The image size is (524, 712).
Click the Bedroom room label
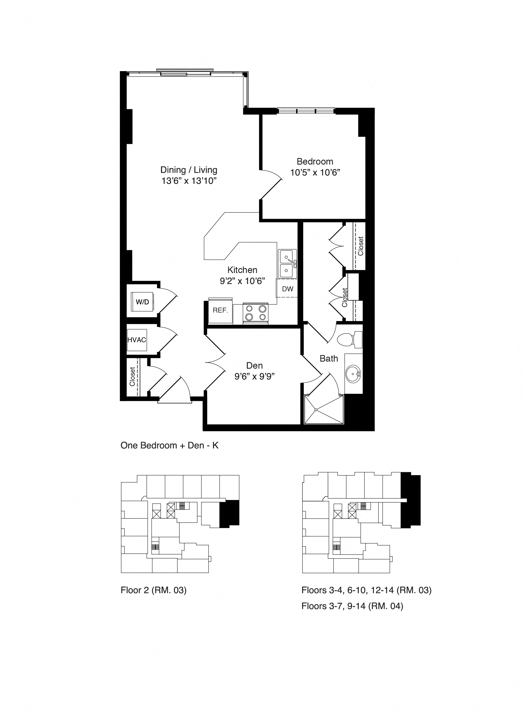click(x=315, y=162)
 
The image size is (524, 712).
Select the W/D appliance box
click(x=142, y=302)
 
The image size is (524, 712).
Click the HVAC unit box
click(x=137, y=340)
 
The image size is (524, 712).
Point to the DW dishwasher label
click(x=287, y=289)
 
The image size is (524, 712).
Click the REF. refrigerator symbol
click(x=221, y=311)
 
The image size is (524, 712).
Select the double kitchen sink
click(x=287, y=264)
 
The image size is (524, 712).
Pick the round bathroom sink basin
click(x=353, y=374)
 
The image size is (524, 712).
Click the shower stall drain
click(x=316, y=410)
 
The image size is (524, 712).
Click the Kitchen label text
click(x=242, y=270)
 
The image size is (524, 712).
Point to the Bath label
click(x=329, y=359)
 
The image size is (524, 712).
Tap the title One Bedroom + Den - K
click(x=169, y=445)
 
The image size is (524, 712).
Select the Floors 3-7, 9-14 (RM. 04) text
click(x=352, y=606)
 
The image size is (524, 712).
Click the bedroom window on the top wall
click(x=306, y=111)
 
